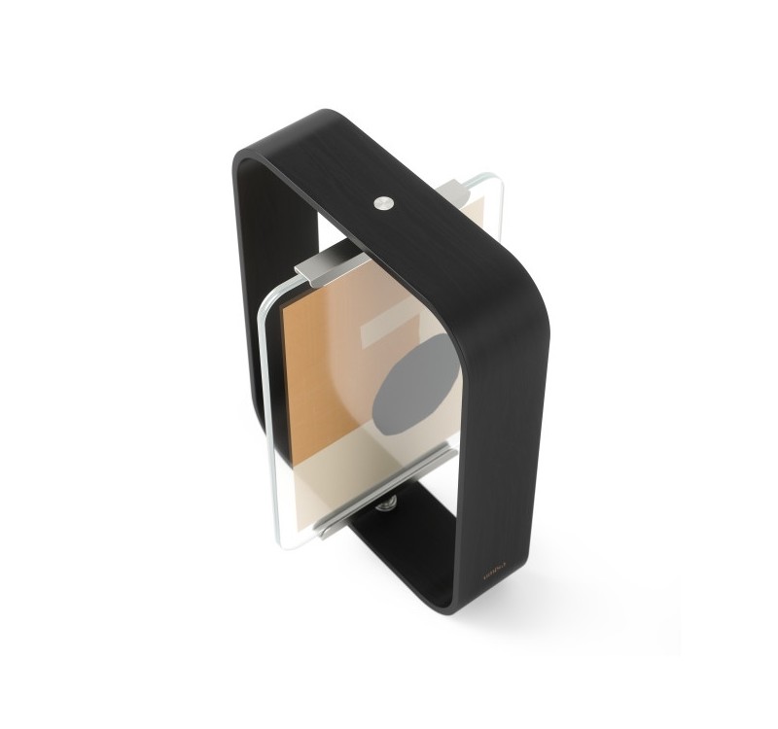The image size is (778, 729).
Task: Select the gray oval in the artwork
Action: pos(412,389)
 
